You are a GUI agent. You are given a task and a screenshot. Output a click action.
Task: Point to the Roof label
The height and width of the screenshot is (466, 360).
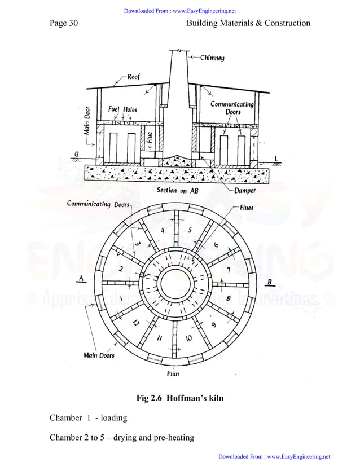click(x=134, y=77)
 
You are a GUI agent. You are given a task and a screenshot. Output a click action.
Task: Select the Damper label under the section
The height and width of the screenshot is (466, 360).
click(x=243, y=191)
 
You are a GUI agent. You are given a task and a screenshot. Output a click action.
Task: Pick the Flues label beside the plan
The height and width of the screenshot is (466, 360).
click(x=247, y=208)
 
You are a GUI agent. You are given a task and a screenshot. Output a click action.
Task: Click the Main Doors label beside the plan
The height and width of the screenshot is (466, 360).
click(x=99, y=355)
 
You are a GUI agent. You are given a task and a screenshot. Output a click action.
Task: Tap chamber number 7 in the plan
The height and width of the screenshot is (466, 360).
click(x=228, y=270)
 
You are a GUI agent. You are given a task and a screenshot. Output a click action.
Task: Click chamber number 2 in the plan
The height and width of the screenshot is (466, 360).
click(x=121, y=270)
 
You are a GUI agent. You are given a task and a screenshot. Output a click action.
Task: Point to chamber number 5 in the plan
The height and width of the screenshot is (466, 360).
click(x=190, y=230)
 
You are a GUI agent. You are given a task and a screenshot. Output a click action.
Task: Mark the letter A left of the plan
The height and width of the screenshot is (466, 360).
click(x=83, y=278)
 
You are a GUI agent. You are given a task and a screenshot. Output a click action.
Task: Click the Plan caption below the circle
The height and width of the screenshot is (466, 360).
click(x=173, y=373)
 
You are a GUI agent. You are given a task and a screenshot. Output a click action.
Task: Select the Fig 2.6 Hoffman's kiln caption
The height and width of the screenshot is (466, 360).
click(x=180, y=398)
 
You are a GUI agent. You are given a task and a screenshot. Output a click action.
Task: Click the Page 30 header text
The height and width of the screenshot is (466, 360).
click(x=63, y=23)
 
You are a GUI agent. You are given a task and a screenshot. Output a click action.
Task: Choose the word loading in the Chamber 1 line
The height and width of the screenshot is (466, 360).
click(x=114, y=418)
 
